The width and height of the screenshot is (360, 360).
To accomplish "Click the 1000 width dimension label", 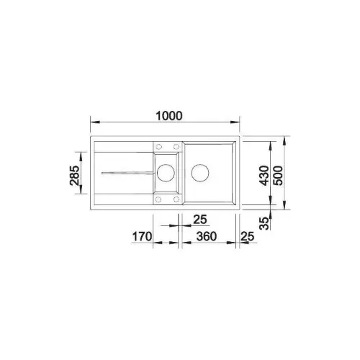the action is pos(169,116).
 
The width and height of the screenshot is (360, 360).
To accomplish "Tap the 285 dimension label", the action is pos(74,176).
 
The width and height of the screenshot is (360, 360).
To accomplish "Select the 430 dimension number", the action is pos(265,176).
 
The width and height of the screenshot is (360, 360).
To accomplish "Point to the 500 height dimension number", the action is pos(279,176).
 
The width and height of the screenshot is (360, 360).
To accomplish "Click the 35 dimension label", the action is pos(265,223).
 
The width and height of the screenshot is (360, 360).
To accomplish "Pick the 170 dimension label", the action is pos(142,237).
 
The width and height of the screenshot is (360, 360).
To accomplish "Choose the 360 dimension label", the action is pos(207,237).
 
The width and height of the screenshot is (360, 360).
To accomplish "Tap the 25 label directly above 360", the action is pos(200,220).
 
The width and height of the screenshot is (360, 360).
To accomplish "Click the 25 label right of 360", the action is pos(247,237).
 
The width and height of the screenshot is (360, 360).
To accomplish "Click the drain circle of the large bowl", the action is pos(200,173).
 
